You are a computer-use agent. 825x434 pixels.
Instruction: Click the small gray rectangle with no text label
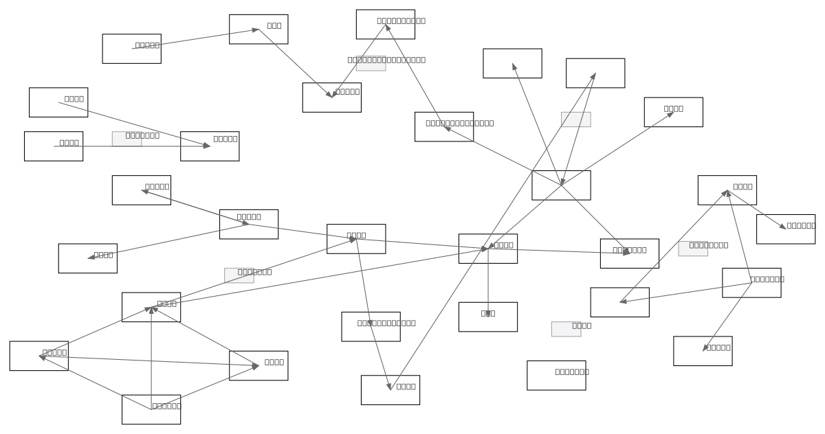click(x=575, y=119)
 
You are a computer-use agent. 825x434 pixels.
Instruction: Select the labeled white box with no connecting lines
click(x=556, y=376)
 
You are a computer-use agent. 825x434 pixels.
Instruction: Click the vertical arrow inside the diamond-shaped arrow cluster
click(x=151, y=357)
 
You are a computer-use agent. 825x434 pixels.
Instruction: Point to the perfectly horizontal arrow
click(x=131, y=146)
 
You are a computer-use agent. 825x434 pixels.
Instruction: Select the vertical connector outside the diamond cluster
click(x=488, y=282)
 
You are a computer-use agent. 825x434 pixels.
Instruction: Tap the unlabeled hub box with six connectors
click(x=561, y=185)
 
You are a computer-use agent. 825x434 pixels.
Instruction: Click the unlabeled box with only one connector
click(x=512, y=63)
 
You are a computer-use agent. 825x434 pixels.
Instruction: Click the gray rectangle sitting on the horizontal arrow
click(x=126, y=139)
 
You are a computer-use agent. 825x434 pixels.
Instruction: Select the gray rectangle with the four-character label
click(x=566, y=329)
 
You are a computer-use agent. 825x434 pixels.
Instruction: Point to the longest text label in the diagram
click(x=386, y=60)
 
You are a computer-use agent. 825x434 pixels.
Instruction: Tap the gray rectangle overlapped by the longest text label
click(x=371, y=64)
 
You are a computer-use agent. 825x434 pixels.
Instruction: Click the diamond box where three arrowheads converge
click(x=151, y=307)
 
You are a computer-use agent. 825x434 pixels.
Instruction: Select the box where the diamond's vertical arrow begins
click(x=151, y=409)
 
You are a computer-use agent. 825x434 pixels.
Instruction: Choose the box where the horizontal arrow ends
click(x=210, y=146)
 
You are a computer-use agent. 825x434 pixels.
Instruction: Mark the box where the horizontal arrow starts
click(x=54, y=146)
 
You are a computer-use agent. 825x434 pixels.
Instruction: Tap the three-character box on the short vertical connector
click(x=488, y=317)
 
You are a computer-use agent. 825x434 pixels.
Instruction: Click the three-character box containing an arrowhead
click(x=258, y=30)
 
